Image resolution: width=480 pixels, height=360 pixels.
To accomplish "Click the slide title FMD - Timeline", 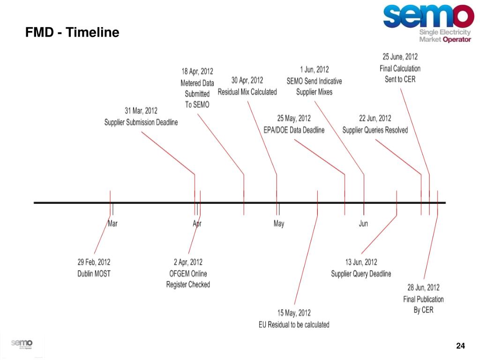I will tap(72, 33).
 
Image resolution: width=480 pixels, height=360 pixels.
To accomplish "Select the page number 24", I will tap(460, 346).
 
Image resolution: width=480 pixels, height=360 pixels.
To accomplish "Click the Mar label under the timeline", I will tap(112, 224).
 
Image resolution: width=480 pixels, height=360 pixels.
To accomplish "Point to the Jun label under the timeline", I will tap(363, 224).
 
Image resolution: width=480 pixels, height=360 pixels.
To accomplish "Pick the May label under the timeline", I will tap(278, 224).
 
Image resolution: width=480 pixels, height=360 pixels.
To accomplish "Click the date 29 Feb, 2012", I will tap(94, 262).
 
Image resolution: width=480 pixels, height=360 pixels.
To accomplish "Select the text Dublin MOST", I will tap(94, 273).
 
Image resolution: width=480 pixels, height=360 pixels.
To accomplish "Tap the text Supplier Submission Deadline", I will tap(141, 122).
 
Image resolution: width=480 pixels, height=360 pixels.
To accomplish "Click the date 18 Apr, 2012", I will tap(197, 71).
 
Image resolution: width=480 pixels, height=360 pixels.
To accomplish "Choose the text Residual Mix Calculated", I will tap(247, 92).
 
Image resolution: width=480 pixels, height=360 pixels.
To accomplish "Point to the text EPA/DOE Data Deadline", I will tap(293, 130).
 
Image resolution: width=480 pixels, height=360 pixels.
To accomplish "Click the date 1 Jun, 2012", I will tap(314, 70).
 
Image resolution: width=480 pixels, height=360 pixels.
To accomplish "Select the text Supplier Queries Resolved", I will tap(375, 130).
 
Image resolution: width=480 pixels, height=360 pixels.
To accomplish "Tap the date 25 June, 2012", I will tap(400, 57).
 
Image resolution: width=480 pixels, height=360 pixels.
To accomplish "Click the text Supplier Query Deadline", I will tap(361, 274).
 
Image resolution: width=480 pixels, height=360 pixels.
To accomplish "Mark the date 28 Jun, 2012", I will tap(423, 287).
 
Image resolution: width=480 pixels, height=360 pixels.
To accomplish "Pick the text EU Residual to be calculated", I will tap(294, 324).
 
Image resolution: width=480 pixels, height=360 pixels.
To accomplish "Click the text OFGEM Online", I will tap(188, 273).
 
